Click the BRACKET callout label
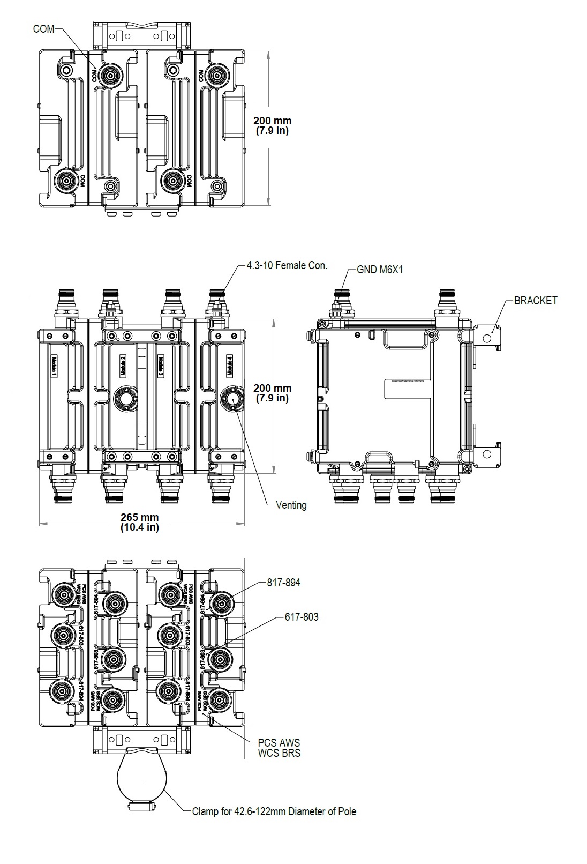(x=535, y=301)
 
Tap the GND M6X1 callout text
(x=380, y=270)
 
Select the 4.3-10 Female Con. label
(x=287, y=265)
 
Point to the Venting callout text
(x=291, y=505)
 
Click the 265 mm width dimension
(x=140, y=522)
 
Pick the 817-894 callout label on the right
(x=283, y=583)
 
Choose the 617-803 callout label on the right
(x=301, y=617)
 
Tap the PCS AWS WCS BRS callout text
(x=279, y=748)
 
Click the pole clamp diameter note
(x=274, y=811)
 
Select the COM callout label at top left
(x=43, y=29)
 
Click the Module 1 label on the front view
(x=54, y=367)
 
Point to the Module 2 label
(x=123, y=364)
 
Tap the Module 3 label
(x=161, y=367)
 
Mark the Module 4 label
(x=230, y=364)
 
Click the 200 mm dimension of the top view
(x=272, y=125)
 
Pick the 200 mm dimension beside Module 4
(x=272, y=393)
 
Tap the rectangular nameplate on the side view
(x=408, y=390)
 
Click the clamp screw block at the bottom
(x=141, y=806)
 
